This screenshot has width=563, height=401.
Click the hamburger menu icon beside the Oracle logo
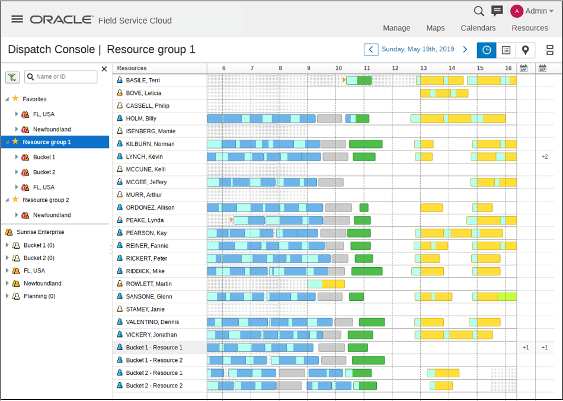(17, 19)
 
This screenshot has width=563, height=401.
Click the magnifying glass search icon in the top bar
(479, 11)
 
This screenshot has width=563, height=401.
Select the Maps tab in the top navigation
(435, 28)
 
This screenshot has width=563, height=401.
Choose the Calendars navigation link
(478, 28)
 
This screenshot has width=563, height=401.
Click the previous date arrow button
(370, 50)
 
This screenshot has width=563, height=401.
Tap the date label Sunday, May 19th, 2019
(418, 50)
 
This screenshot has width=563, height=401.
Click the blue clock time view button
(487, 50)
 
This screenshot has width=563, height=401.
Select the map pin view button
(525, 50)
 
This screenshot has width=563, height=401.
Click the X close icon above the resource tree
(104, 69)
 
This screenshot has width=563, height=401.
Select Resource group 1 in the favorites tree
(47, 142)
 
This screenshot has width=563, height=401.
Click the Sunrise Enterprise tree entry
(40, 232)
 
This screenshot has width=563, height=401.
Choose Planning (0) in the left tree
(39, 296)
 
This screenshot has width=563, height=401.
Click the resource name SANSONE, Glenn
(149, 297)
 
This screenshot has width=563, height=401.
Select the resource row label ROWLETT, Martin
(149, 284)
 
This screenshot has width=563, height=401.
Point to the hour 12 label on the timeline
(395, 68)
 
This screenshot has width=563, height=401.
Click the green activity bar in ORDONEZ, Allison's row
(364, 208)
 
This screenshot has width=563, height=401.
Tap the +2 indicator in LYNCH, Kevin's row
(544, 157)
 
